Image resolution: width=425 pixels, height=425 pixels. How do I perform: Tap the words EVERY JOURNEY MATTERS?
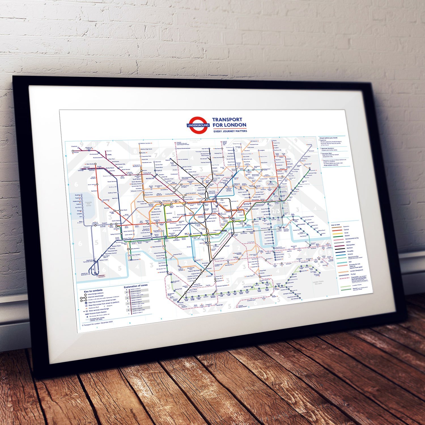pos(230,131)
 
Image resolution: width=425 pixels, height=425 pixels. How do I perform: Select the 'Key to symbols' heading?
pos(93,291)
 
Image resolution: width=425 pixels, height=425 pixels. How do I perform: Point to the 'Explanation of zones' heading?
pos(135,286)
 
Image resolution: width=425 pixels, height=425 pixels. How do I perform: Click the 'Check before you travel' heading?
pos(328,138)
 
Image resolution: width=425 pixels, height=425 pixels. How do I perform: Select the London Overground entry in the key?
pos(356,271)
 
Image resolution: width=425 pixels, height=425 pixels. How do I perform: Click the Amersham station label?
pos(75,152)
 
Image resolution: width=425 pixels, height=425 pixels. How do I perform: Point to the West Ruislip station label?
pos(90,164)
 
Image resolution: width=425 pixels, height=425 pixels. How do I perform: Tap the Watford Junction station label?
pos(146,143)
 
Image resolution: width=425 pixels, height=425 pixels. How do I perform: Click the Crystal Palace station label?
pos(250,276)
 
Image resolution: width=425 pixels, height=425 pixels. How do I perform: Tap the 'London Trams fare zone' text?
pos(318,282)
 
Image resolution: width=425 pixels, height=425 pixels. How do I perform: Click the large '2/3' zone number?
pos(275,211)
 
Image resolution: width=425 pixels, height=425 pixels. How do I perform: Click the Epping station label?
pos(274,141)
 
